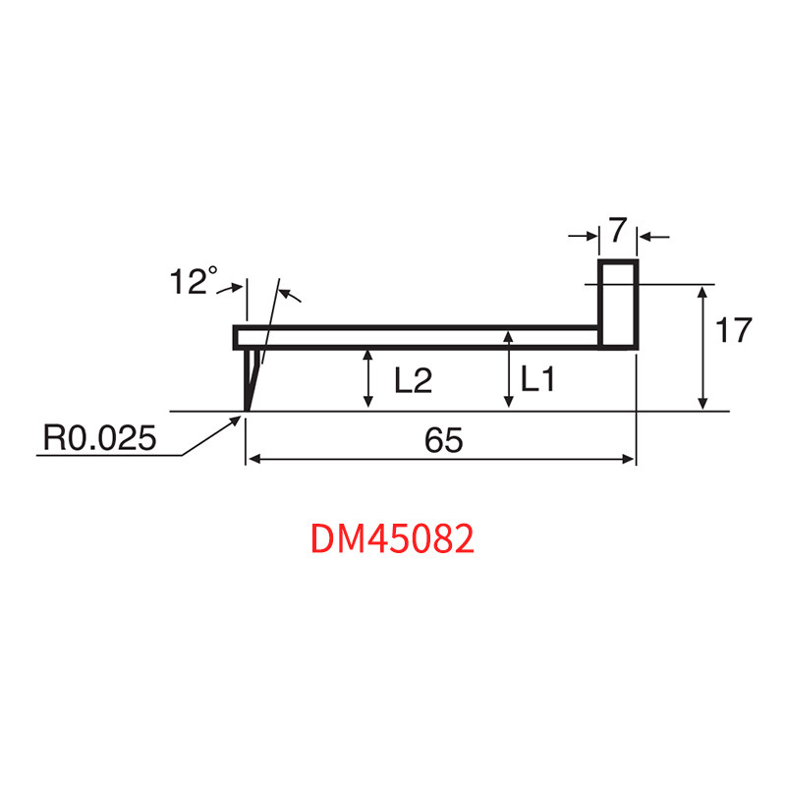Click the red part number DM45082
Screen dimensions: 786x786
pos(392,538)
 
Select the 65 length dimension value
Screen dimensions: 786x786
pos(444,440)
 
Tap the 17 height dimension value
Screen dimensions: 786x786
pos(733,330)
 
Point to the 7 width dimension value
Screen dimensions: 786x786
pos(618,230)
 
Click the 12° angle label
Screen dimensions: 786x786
pos(194,281)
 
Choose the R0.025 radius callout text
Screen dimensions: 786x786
pos(100,437)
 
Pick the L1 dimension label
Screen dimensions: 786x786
pos(537,378)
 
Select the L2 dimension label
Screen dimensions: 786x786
pos(413,380)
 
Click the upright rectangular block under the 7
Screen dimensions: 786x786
pos(618,305)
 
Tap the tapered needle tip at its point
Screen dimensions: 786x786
pos(247,410)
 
